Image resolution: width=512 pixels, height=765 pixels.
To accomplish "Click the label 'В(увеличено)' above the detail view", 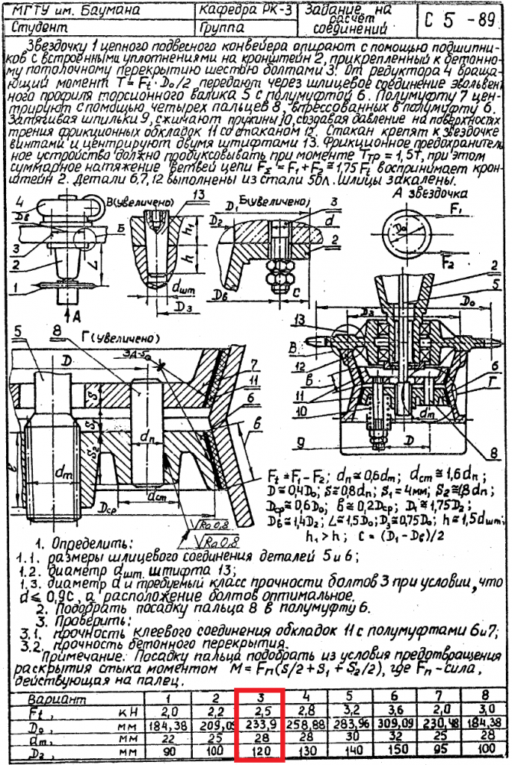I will pyautogui.click(x=142, y=201).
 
